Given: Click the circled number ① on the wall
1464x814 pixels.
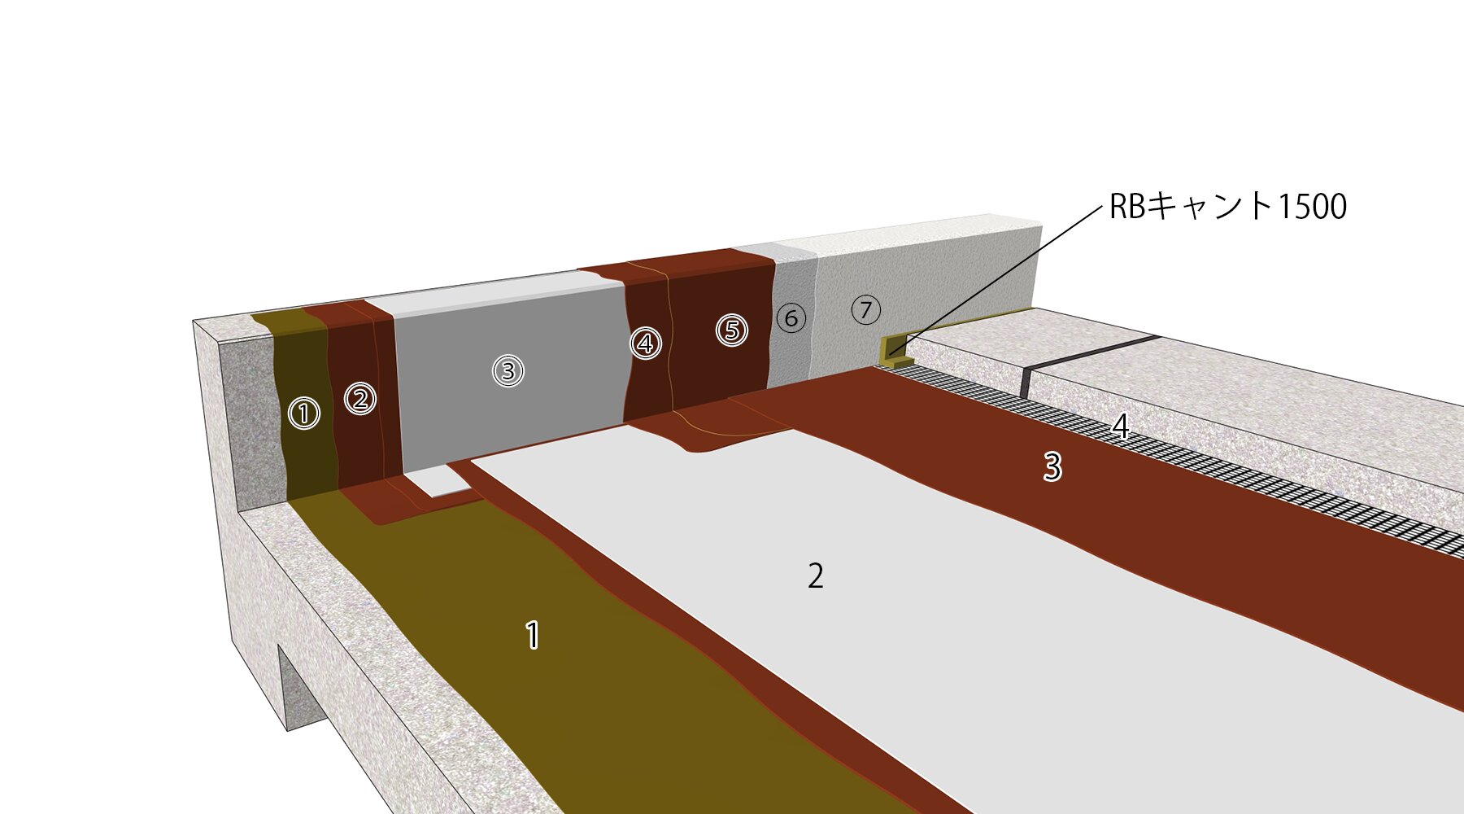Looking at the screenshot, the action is [304, 414].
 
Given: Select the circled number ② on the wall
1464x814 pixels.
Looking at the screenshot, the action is [360, 399].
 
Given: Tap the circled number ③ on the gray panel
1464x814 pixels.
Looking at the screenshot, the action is [508, 371].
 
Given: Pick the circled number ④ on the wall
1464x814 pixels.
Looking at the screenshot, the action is [646, 344].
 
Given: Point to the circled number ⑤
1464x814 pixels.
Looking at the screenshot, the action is [732, 330].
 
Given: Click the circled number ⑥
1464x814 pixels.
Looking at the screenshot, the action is [791, 317].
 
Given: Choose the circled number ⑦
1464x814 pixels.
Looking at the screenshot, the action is [866, 309].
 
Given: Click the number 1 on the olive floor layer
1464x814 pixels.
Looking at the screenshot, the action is [533, 635].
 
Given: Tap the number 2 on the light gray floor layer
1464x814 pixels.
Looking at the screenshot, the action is [816, 576].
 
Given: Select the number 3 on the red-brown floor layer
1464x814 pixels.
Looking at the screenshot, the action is [1052, 467].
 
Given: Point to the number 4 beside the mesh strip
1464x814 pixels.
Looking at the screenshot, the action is [1121, 427].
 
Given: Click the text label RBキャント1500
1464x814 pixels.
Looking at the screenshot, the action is [1228, 207].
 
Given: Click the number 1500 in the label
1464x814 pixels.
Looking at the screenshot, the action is [1312, 207].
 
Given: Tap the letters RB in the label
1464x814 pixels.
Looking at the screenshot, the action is [1128, 207].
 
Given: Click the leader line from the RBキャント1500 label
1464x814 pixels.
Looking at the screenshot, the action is [1000, 278].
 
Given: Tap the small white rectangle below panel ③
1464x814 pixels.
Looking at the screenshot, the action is [443, 482].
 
